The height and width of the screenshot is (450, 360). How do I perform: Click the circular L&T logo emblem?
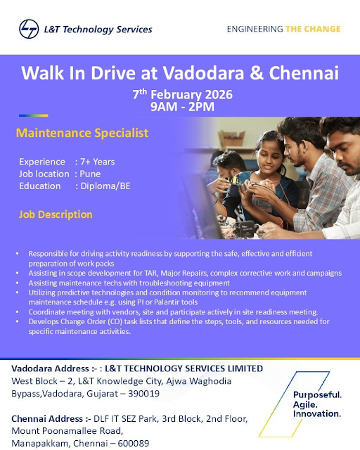(x=29, y=29)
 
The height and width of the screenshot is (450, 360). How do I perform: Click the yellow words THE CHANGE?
(x=313, y=29)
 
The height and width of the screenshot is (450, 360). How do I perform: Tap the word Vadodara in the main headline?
(x=203, y=73)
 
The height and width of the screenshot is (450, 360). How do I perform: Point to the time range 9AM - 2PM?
(x=182, y=107)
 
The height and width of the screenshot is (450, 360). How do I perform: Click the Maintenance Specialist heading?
(x=82, y=133)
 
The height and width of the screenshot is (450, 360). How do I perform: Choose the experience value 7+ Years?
(x=97, y=162)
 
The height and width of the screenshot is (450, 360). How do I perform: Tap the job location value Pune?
(x=90, y=174)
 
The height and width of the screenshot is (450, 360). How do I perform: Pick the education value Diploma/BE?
(x=105, y=186)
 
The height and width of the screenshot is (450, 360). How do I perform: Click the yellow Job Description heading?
(x=56, y=214)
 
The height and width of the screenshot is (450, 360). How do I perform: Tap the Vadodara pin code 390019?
(x=144, y=393)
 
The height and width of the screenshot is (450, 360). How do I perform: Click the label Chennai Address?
(x=47, y=419)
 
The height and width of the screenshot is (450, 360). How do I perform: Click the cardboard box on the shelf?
(x=231, y=139)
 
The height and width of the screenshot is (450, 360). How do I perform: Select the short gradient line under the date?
(x=34, y=115)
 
